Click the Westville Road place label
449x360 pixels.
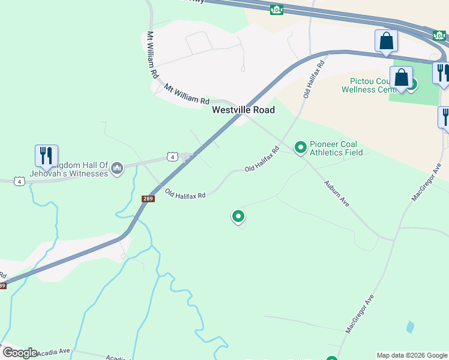tap(243, 110)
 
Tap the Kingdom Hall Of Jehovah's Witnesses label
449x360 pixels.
tap(79, 169)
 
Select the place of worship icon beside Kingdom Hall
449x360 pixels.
tap(117, 169)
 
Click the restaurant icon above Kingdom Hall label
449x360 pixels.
tap(46, 156)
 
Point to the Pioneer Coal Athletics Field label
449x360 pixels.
tap(336, 148)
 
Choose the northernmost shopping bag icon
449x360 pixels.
tap(387, 41)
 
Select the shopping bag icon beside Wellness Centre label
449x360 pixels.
tap(401, 78)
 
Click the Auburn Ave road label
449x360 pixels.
tap(336, 193)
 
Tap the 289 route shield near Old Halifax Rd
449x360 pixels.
tap(148, 199)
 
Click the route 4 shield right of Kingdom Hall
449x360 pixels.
tap(172, 157)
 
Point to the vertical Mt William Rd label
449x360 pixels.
tap(152, 55)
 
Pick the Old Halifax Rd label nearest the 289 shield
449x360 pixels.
tap(185, 195)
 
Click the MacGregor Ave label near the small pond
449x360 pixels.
tap(360, 314)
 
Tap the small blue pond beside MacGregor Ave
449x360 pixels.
tap(410, 327)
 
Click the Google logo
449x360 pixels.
tap(20, 352)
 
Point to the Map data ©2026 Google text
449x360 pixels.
tap(412, 355)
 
